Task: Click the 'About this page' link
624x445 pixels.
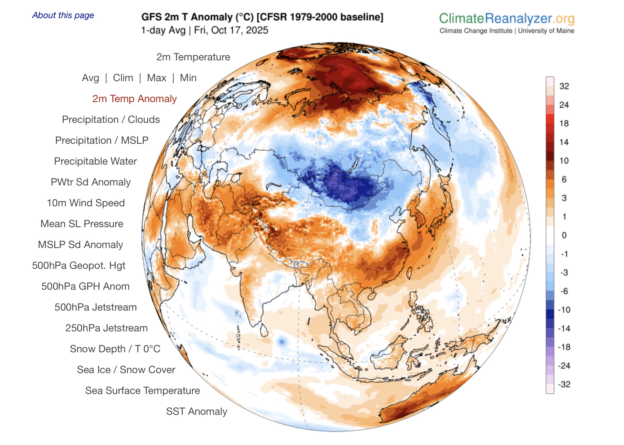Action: pyautogui.click(x=63, y=15)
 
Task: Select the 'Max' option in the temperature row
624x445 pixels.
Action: pyautogui.click(x=157, y=78)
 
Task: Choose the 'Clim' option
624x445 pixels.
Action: pyautogui.click(x=123, y=78)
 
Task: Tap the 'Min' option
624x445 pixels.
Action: pyautogui.click(x=188, y=78)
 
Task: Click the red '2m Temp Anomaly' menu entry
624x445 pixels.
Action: pyautogui.click(x=135, y=99)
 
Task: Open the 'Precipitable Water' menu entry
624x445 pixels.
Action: pyautogui.click(x=95, y=161)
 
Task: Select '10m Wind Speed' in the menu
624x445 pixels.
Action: pyautogui.click(x=86, y=203)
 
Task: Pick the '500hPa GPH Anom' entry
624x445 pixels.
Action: pyautogui.click(x=86, y=286)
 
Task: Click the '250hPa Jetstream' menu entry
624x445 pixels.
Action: pyautogui.click(x=107, y=328)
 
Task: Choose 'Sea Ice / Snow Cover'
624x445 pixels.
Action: pyautogui.click(x=126, y=370)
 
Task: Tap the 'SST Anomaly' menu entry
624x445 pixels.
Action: pyautogui.click(x=197, y=412)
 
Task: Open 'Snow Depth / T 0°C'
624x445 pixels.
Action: pyautogui.click(x=115, y=349)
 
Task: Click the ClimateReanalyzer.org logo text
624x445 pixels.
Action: pyautogui.click(x=507, y=19)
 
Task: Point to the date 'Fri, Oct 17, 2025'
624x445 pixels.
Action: pyautogui.click(x=231, y=30)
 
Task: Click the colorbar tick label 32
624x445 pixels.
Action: pyautogui.click(x=564, y=86)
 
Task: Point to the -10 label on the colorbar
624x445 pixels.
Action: pyautogui.click(x=564, y=310)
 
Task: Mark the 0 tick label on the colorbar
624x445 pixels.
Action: pyautogui.click(x=564, y=235)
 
